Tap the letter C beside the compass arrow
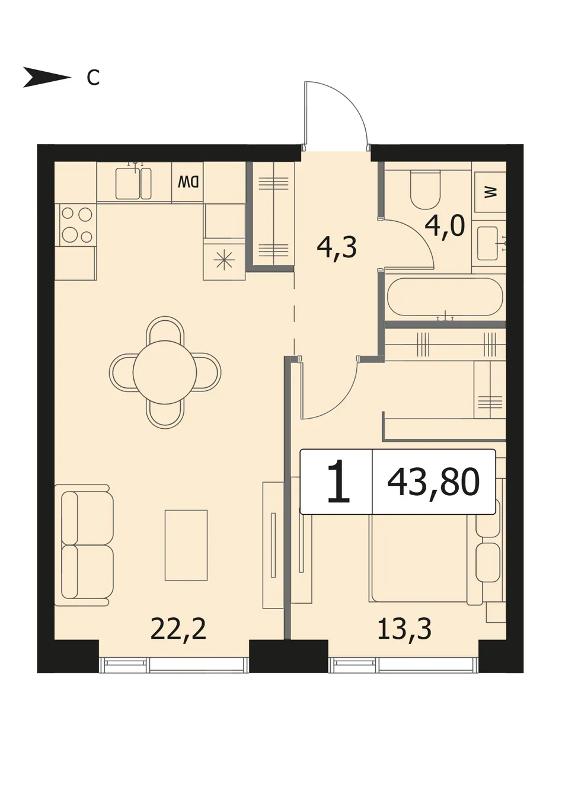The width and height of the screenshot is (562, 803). tap(93, 78)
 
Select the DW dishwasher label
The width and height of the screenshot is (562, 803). tap(188, 183)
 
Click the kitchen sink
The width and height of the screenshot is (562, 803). tap(133, 183)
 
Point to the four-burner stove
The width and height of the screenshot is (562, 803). tap(77, 225)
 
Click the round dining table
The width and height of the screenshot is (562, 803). tap(165, 372)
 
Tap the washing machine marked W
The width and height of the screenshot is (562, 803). tap(490, 193)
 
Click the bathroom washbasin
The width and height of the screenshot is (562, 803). tap(491, 243)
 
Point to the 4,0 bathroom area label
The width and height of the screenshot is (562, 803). tap(445, 227)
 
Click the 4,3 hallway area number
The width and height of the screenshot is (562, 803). tap(337, 248)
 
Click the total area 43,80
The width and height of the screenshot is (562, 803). tap(433, 483)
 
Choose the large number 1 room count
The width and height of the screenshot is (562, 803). tap(338, 482)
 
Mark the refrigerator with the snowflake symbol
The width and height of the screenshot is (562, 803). tap(224, 260)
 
